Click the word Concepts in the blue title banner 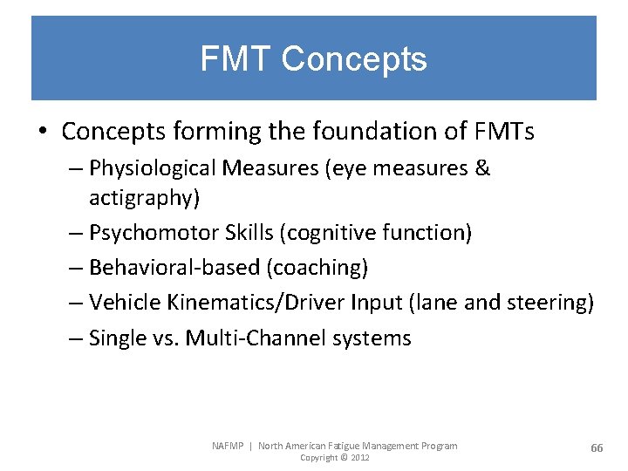pyautogui.click(x=354, y=59)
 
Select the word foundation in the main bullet pyautogui.click(x=404, y=132)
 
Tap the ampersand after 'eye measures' pyautogui.click(x=483, y=168)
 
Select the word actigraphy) pyautogui.click(x=145, y=198)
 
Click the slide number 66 pyautogui.click(x=597, y=447)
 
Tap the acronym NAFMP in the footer pyautogui.click(x=228, y=446)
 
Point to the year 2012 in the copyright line pyautogui.click(x=359, y=458)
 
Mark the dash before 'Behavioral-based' pyautogui.click(x=76, y=268)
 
